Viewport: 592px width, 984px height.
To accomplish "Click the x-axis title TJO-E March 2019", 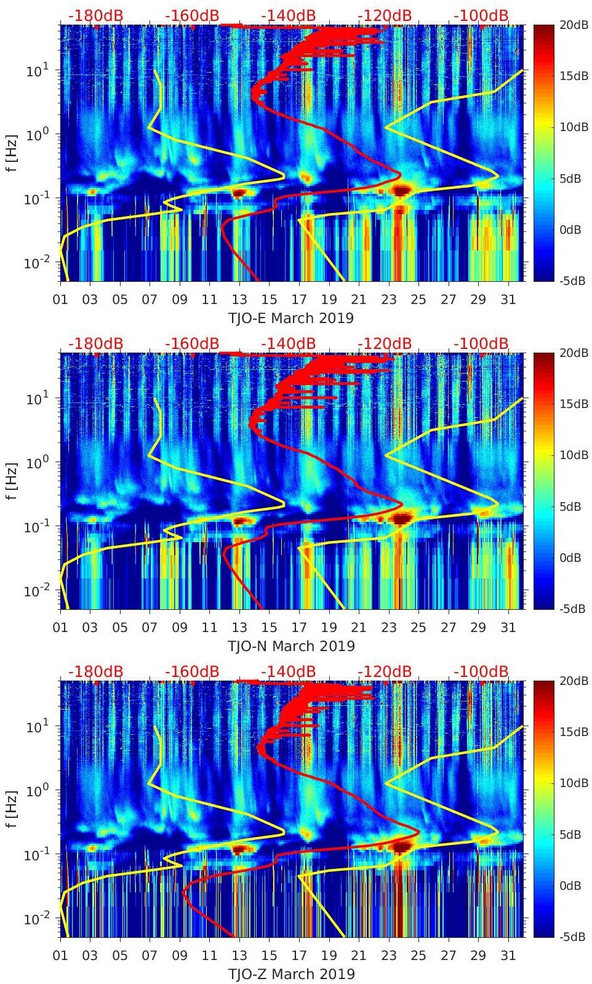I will point(291,318).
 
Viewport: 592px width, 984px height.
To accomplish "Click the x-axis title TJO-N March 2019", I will point(291,646).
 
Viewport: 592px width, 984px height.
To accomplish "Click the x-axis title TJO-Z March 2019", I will point(291,974).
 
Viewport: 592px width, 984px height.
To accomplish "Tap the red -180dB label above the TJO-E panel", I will point(95,15).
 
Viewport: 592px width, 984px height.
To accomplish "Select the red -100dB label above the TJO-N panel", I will point(481,343).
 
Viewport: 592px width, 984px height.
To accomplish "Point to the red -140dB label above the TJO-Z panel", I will point(288,671).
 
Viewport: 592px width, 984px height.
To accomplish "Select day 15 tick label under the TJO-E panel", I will point(269,300).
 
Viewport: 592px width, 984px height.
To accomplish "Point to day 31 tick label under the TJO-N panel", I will point(508,628).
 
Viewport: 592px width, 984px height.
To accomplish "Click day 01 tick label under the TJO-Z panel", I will point(60,956).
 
